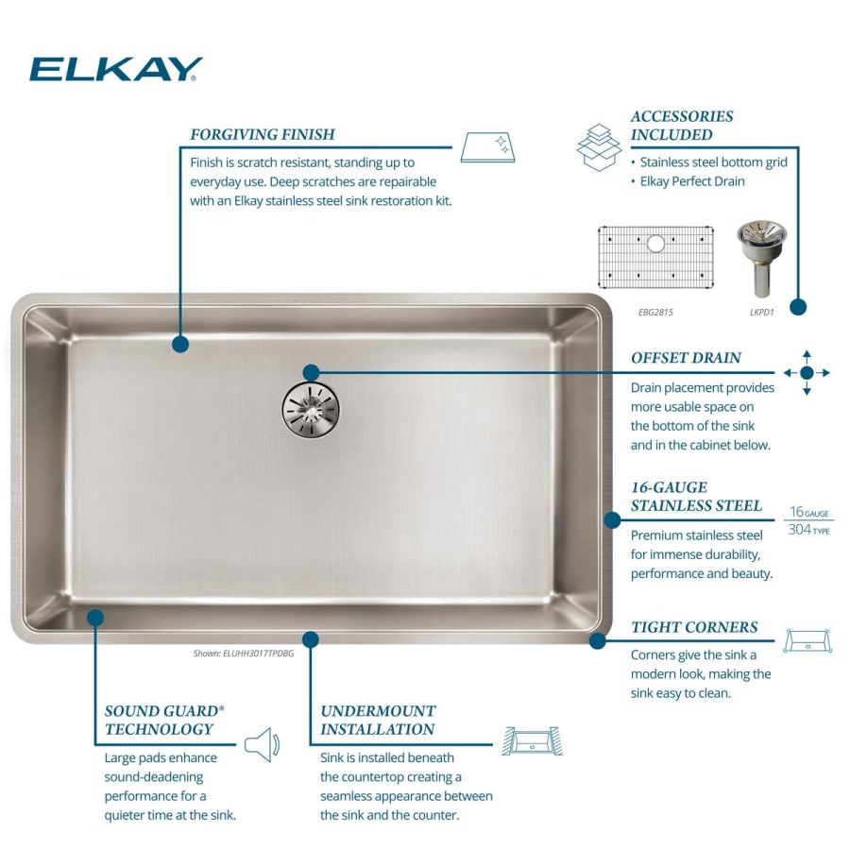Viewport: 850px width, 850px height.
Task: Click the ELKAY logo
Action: tap(115, 69)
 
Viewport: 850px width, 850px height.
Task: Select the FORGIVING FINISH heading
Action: tap(262, 134)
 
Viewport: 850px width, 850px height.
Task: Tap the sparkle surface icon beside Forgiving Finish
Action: tap(487, 146)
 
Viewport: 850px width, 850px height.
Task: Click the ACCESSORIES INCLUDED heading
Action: tap(682, 125)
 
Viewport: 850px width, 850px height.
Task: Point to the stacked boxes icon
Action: tap(598, 146)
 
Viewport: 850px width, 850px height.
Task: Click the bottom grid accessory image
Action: tap(655, 257)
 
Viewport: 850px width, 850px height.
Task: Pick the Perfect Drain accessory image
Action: tap(760, 258)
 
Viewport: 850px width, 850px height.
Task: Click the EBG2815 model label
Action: tap(655, 312)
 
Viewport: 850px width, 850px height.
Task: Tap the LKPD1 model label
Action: tap(760, 312)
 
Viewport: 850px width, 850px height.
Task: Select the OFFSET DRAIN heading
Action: tap(686, 358)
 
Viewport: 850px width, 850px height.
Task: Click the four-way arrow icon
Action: tap(806, 372)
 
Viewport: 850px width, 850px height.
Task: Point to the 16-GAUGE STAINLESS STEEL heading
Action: tap(696, 496)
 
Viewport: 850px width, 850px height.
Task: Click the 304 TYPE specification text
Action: tap(808, 530)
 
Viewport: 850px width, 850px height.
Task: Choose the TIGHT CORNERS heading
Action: tap(694, 627)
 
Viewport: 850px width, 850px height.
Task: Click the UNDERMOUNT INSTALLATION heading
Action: tap(378, 720)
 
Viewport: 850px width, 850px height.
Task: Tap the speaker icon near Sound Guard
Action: tap(262, 744)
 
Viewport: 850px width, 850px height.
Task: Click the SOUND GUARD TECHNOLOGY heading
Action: tap(164, 720)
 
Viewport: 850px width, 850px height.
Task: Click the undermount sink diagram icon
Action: tap(532, 740)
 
